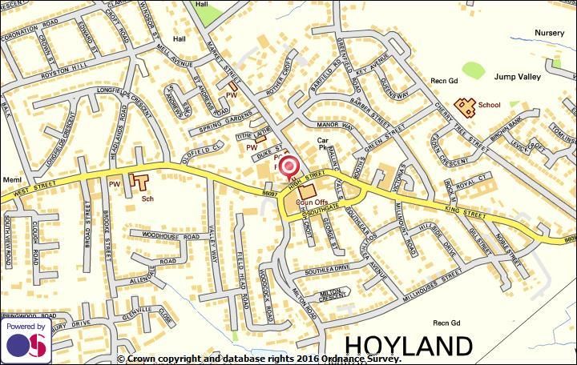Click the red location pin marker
289,166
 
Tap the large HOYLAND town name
409,346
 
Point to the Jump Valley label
517,77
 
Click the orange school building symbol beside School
464,105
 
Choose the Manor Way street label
335,126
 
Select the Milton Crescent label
332,294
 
